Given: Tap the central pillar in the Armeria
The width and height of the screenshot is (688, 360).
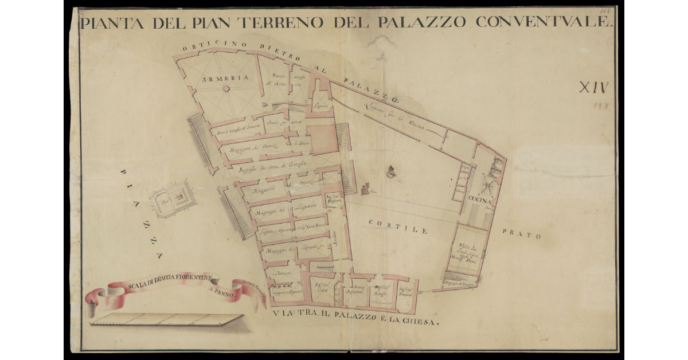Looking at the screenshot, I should (x=226, y=88).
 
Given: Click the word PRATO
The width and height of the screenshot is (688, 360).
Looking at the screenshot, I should (x=524, y=235).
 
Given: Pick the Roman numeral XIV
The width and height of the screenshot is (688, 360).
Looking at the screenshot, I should (x=593, y=88).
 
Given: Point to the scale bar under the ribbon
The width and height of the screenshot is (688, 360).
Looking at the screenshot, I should (x=166, y=319).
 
